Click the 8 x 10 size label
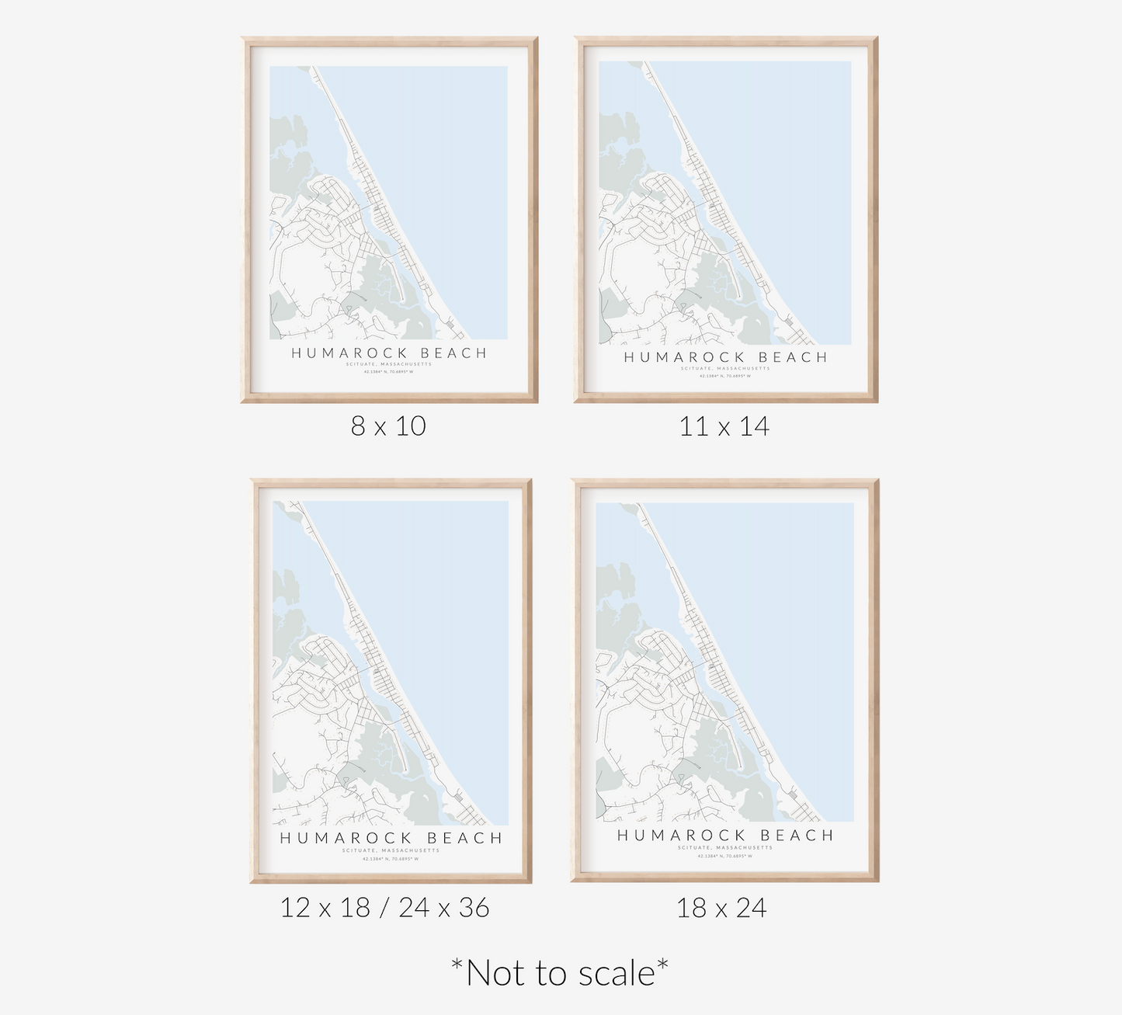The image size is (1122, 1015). [x=388, y=426]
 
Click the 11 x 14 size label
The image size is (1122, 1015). [x=724, y=426]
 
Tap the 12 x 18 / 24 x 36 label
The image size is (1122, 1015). [x=385, y=907]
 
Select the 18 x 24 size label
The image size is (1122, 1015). [x=721, y=907]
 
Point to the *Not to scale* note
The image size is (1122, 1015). [x=560, y=972]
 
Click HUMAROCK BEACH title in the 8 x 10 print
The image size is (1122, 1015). [x=389, y=353]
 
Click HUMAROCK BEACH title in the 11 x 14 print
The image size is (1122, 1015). [x=726, y=357]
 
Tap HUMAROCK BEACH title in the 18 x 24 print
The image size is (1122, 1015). [x=725, y=836]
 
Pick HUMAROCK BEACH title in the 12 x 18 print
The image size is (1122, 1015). [x=391, y=839]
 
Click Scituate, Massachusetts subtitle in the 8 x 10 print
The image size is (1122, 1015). [x=389, y=364]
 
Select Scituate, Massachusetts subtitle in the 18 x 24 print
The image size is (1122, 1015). [x=725, y=847]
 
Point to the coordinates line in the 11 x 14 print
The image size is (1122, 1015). [x=726, y=376]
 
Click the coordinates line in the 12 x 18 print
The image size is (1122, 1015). [x=391, y=858]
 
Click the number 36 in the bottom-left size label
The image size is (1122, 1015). [x=474, y=907]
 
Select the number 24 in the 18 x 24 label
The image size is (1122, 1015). [x=750, y=907]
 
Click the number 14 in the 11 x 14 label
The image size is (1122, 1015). [x=754, y=426]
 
